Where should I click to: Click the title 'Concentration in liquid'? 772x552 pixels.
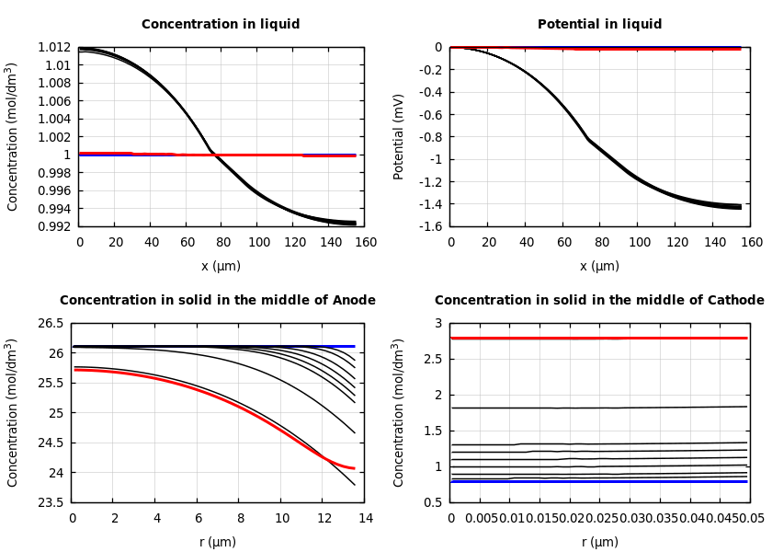click(221, 25)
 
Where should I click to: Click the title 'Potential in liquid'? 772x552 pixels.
click(599, 25)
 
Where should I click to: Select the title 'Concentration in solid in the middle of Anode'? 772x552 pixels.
click(218, 301)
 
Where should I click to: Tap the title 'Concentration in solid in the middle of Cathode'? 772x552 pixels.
click(599, 301)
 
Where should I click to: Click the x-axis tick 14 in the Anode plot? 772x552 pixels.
click(365, 519)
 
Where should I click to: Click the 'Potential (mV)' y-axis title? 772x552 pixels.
click(399, 136)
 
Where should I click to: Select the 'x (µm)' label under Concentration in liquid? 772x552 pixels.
click(221, 267)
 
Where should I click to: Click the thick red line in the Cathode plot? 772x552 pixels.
click(597, 338)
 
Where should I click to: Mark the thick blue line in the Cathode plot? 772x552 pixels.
click(597, 481)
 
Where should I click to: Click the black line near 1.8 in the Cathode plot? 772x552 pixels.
click(597, 408)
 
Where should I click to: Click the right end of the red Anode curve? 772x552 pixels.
click(354, 468)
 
